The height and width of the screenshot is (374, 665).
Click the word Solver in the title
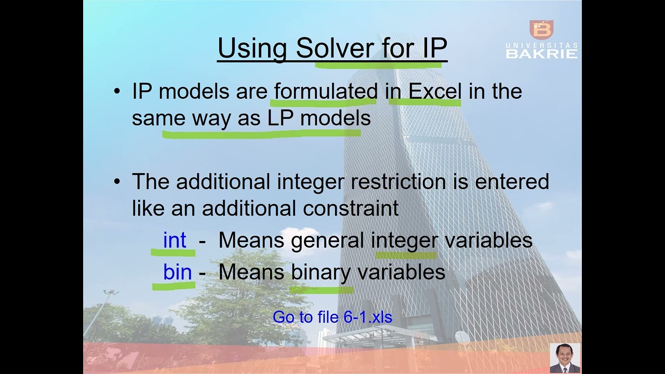(334, 48)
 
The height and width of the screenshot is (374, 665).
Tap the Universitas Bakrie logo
(541, 39)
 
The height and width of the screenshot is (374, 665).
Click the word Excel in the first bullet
(435, 91)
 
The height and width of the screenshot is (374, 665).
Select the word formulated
(326, 91)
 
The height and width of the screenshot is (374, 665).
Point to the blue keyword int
(175, 241)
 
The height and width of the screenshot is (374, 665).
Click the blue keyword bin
(177, 272)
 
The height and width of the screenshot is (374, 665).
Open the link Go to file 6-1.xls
(332, 317)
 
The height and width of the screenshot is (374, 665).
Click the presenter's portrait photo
(565, 358)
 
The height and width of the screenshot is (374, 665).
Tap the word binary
(322, 272)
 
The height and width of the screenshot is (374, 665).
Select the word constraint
(351, 208)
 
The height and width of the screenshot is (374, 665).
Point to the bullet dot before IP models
(117, 92)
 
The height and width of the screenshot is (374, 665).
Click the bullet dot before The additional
(117, 182)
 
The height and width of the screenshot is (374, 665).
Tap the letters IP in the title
(431, 48)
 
